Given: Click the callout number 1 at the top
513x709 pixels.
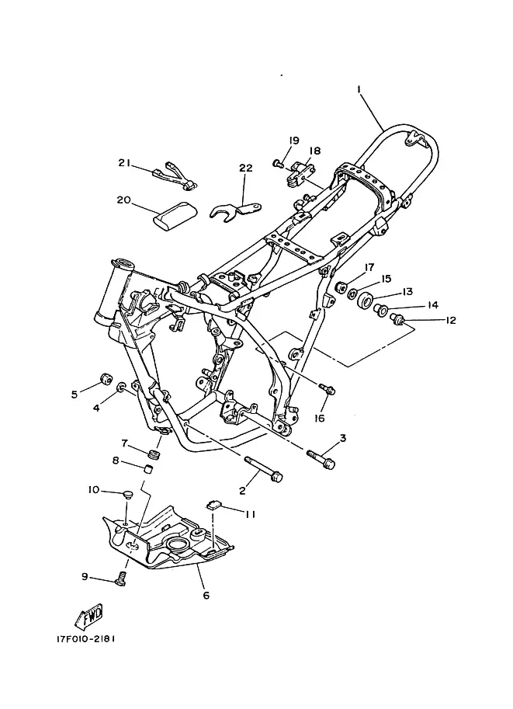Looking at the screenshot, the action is pyautogui.click(x=359, y=89).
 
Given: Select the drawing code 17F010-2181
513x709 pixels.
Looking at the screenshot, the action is pyautogui.click(x=86, y=639).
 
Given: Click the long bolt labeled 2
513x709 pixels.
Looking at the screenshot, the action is pyautogui.click(x=264, y=469).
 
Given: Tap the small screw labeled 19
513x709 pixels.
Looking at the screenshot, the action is pyautogui.click(x=278, y=163).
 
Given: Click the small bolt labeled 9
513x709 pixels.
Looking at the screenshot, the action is pyautogui.click(x=120, y=579).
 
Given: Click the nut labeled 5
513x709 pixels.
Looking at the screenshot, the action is pyautogui.click(x=106, y=378).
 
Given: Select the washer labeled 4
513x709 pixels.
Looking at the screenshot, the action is pyautogui.click(x=121, y=387).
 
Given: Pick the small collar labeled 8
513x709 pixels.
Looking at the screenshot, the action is pyautogui.click(x=147, y=469).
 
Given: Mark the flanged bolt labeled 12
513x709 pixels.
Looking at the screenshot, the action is pyautogui.click(x=397, y=320).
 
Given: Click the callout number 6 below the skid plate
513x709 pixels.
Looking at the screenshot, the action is pyautogui.click(x=206, y=595).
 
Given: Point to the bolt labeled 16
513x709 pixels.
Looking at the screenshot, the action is pyautogui.click(x=328, y=388).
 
